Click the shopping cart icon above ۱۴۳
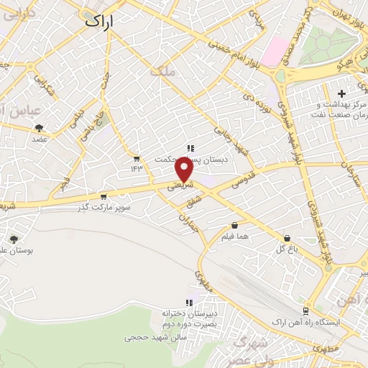136,158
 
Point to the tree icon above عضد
39,129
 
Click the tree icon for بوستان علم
14,240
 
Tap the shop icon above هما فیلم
234,225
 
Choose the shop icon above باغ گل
287,239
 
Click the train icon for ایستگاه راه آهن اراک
306,311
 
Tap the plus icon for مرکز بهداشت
342,94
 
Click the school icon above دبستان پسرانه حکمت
190,149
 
